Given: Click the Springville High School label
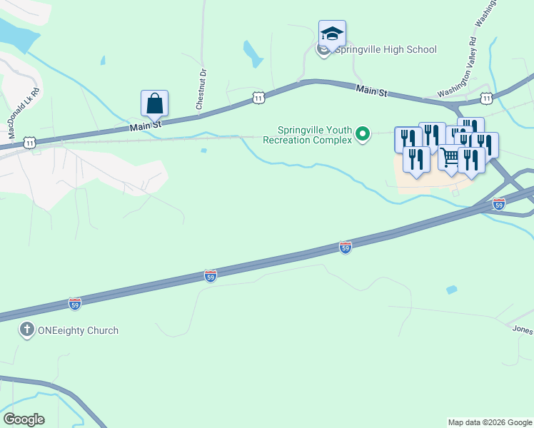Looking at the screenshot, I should (386, 49).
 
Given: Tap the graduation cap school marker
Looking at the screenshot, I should (332, 34).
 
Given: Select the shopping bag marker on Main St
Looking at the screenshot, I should (154, 104).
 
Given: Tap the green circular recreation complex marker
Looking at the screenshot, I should (363, 133).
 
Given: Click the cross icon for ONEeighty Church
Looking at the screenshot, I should (26, 330).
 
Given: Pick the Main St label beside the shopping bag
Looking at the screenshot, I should (146, 126).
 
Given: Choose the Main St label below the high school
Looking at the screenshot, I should (372, 92).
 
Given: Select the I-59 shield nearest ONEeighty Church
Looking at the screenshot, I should (76, 303).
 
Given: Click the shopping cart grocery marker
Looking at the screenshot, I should (450, 159).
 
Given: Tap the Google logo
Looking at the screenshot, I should (24, 419).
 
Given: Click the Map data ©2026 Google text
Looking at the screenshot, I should (490, 422).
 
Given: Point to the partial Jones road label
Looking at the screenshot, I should (522, 330).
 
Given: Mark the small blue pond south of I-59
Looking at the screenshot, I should (451, 290).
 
